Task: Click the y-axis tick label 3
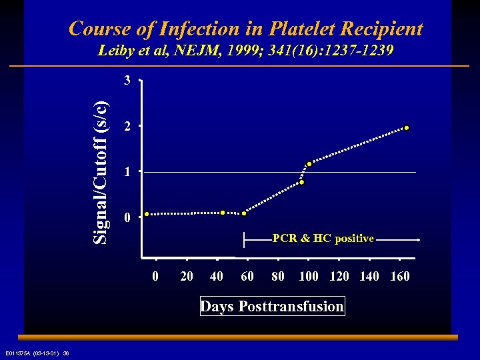(x=127, y=81)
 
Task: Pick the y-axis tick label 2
(x=127, y=127)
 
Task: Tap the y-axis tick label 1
(x=127, y=172)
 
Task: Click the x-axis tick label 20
(x=187, y=276)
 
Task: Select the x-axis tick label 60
(x=247, y=276)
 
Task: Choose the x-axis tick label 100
(x=308, y=276)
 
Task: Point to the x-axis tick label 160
(x=399, y=276)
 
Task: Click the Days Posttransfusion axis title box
(x=272, y=307)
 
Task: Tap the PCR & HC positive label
(x=323, y=239)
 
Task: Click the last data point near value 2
(x=405, y=127)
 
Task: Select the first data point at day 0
(x=147, y=214)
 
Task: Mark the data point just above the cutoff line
(x=309, y=164)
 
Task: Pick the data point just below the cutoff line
(x=301, y=182)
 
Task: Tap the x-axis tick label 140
(x=369, y=276)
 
